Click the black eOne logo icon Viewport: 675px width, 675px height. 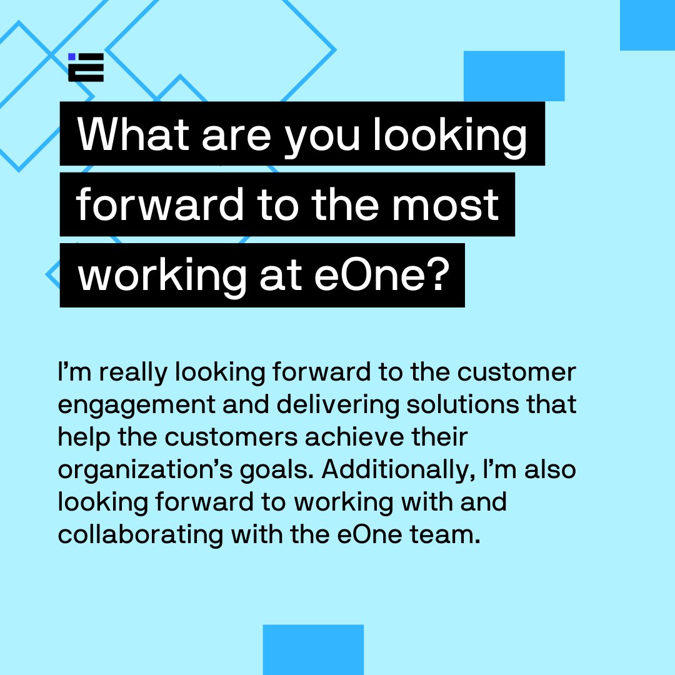pos(86,67)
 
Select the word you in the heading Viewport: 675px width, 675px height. pos(322,136)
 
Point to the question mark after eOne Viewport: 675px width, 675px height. pos(437,275)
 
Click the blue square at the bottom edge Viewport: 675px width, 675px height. pos(313,649)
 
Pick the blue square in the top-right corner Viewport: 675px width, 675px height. pos(647,25)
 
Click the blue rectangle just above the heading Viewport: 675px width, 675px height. pos(514,76)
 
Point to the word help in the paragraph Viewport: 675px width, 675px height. pos(82,437)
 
